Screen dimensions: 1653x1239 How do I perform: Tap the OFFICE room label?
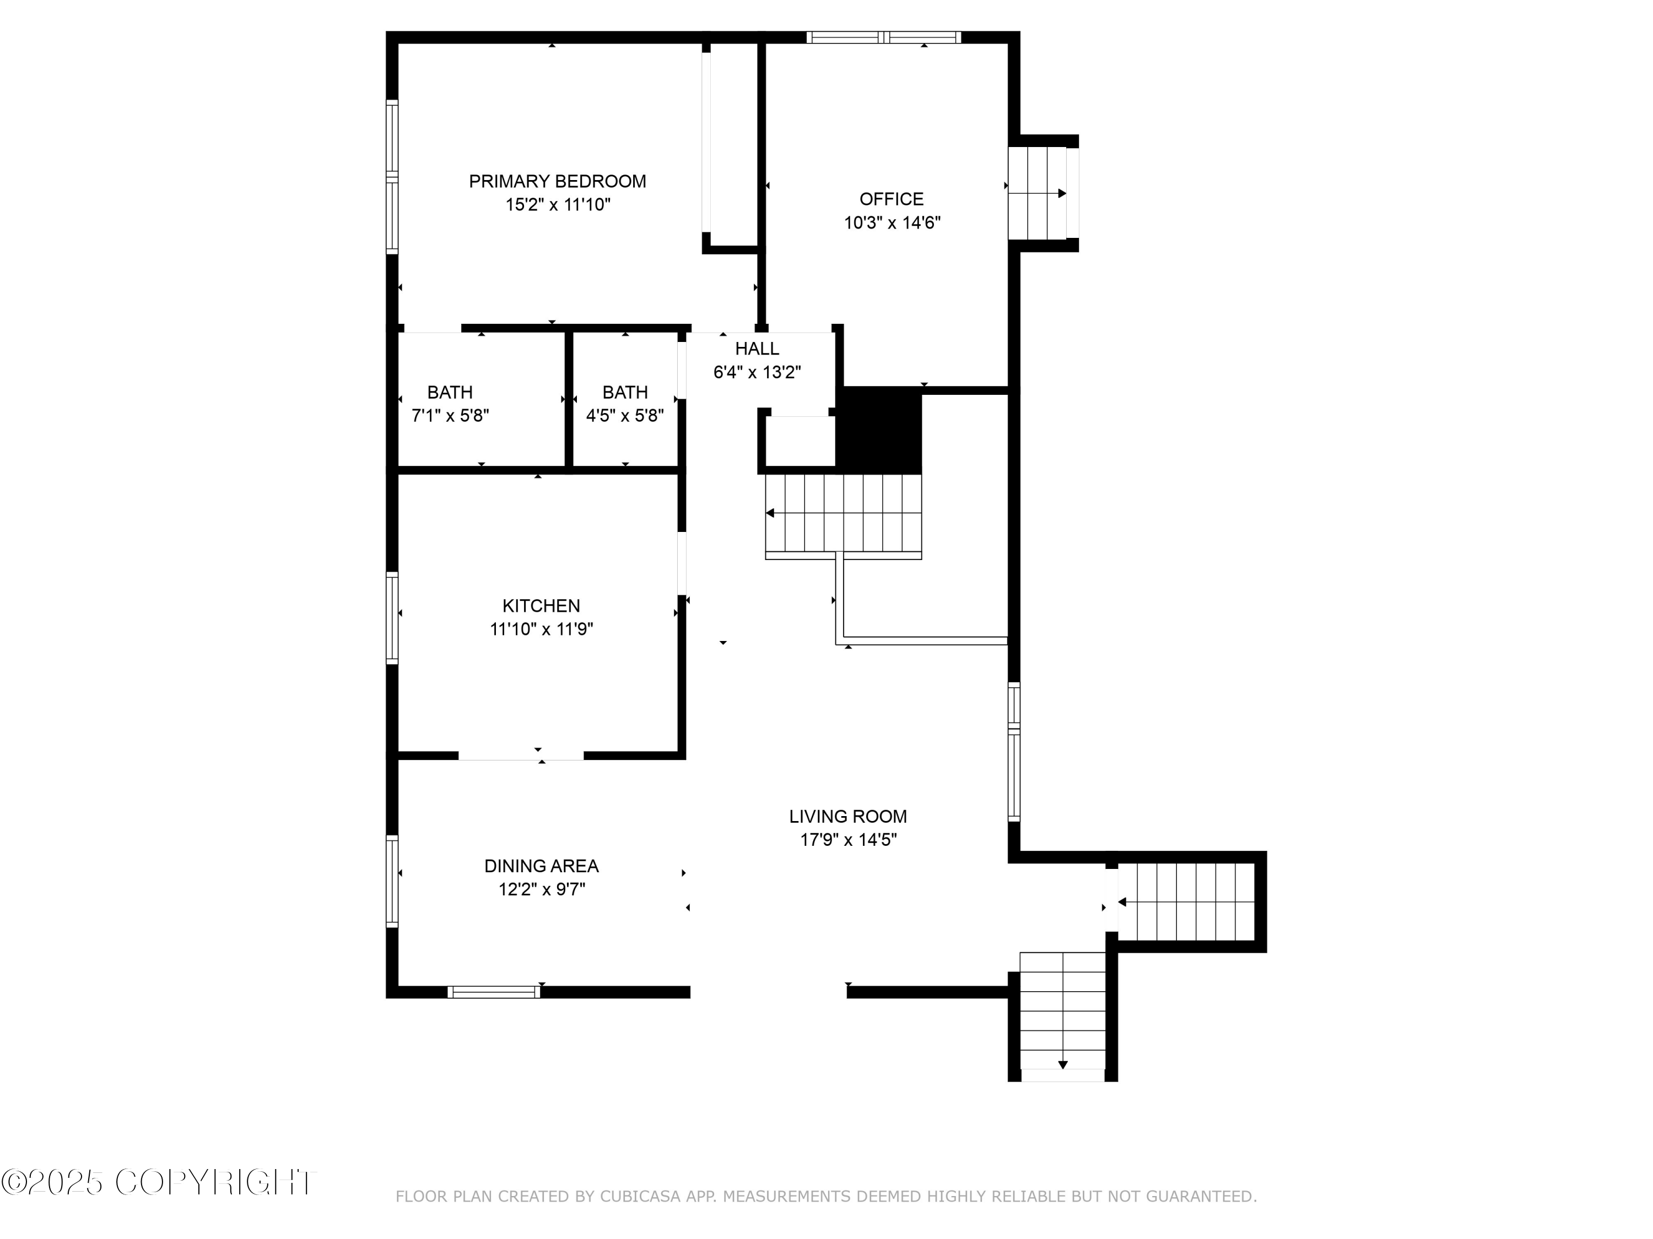(892, 199)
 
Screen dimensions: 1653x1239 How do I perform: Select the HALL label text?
(757, 349)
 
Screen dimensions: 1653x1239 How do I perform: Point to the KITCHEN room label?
(541, 606)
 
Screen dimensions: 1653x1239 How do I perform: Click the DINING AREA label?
(541, 866)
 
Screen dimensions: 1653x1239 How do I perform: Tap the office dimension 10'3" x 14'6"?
(892, 222)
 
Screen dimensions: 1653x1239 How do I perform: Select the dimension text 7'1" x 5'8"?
(450, 416)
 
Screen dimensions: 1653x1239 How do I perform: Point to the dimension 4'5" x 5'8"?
(625, 416)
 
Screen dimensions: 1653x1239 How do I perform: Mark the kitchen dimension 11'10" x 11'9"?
(541, 629)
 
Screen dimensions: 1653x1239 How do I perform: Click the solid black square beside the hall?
(879, 430)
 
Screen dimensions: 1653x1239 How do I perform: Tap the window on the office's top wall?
(883, 37)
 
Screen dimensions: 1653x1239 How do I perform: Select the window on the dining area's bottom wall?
(494, 992)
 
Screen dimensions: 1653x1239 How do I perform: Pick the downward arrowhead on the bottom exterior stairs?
(1063, 1065)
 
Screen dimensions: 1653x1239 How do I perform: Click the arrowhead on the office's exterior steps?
(1062, 193)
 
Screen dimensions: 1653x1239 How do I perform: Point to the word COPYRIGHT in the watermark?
(216, 1182)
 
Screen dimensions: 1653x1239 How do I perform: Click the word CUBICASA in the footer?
(640, 1197)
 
